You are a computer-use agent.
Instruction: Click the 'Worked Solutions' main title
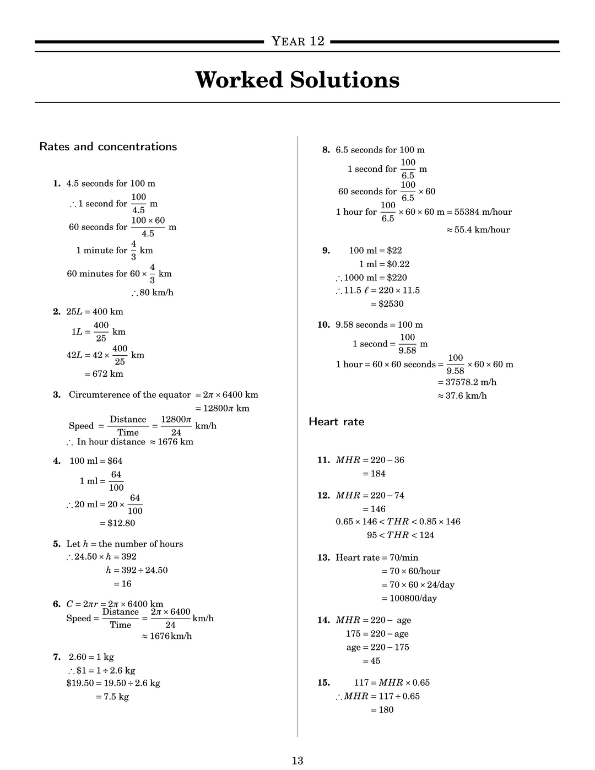coord(297,80)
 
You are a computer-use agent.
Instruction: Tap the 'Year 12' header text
coord(297,41)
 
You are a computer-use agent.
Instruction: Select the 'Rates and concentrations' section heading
coord(108,147)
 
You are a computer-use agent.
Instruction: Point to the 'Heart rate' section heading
coord(336,422)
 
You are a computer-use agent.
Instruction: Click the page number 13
coord(297,761)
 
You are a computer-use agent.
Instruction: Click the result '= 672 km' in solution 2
coord(104,374)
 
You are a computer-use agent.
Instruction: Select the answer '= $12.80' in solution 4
coord(117,523)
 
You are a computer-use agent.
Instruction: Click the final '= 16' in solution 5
coord(122,584)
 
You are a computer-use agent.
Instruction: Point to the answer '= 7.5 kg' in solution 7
coord(112,697)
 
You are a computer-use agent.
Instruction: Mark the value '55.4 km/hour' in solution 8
coord(482,230)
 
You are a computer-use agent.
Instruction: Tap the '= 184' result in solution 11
coord(374,474)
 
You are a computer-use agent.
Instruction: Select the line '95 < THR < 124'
coord(401,535)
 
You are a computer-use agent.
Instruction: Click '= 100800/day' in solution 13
coord(409,598)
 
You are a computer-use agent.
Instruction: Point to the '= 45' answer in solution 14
coord(371,661)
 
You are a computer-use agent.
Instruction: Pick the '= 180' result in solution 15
coord(382,710)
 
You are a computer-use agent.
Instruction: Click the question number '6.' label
coord(57,604)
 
